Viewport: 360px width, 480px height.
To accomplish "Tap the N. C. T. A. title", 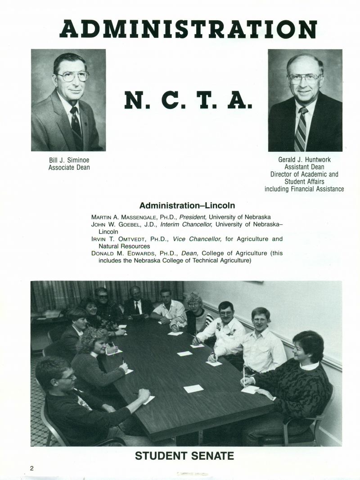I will coord(188,100).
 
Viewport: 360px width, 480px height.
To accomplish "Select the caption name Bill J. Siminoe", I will coord(69,160).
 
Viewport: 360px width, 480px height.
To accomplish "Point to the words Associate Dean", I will coord(69,168).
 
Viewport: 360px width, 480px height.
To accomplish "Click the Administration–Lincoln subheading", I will coord(187,206).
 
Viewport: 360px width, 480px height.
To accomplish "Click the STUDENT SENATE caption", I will coord(184,456).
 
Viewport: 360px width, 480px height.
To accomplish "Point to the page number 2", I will coord(32,468).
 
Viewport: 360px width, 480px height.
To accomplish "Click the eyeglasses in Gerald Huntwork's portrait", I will coord(305,78).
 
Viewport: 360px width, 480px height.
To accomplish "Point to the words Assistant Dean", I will coord(304,167).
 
